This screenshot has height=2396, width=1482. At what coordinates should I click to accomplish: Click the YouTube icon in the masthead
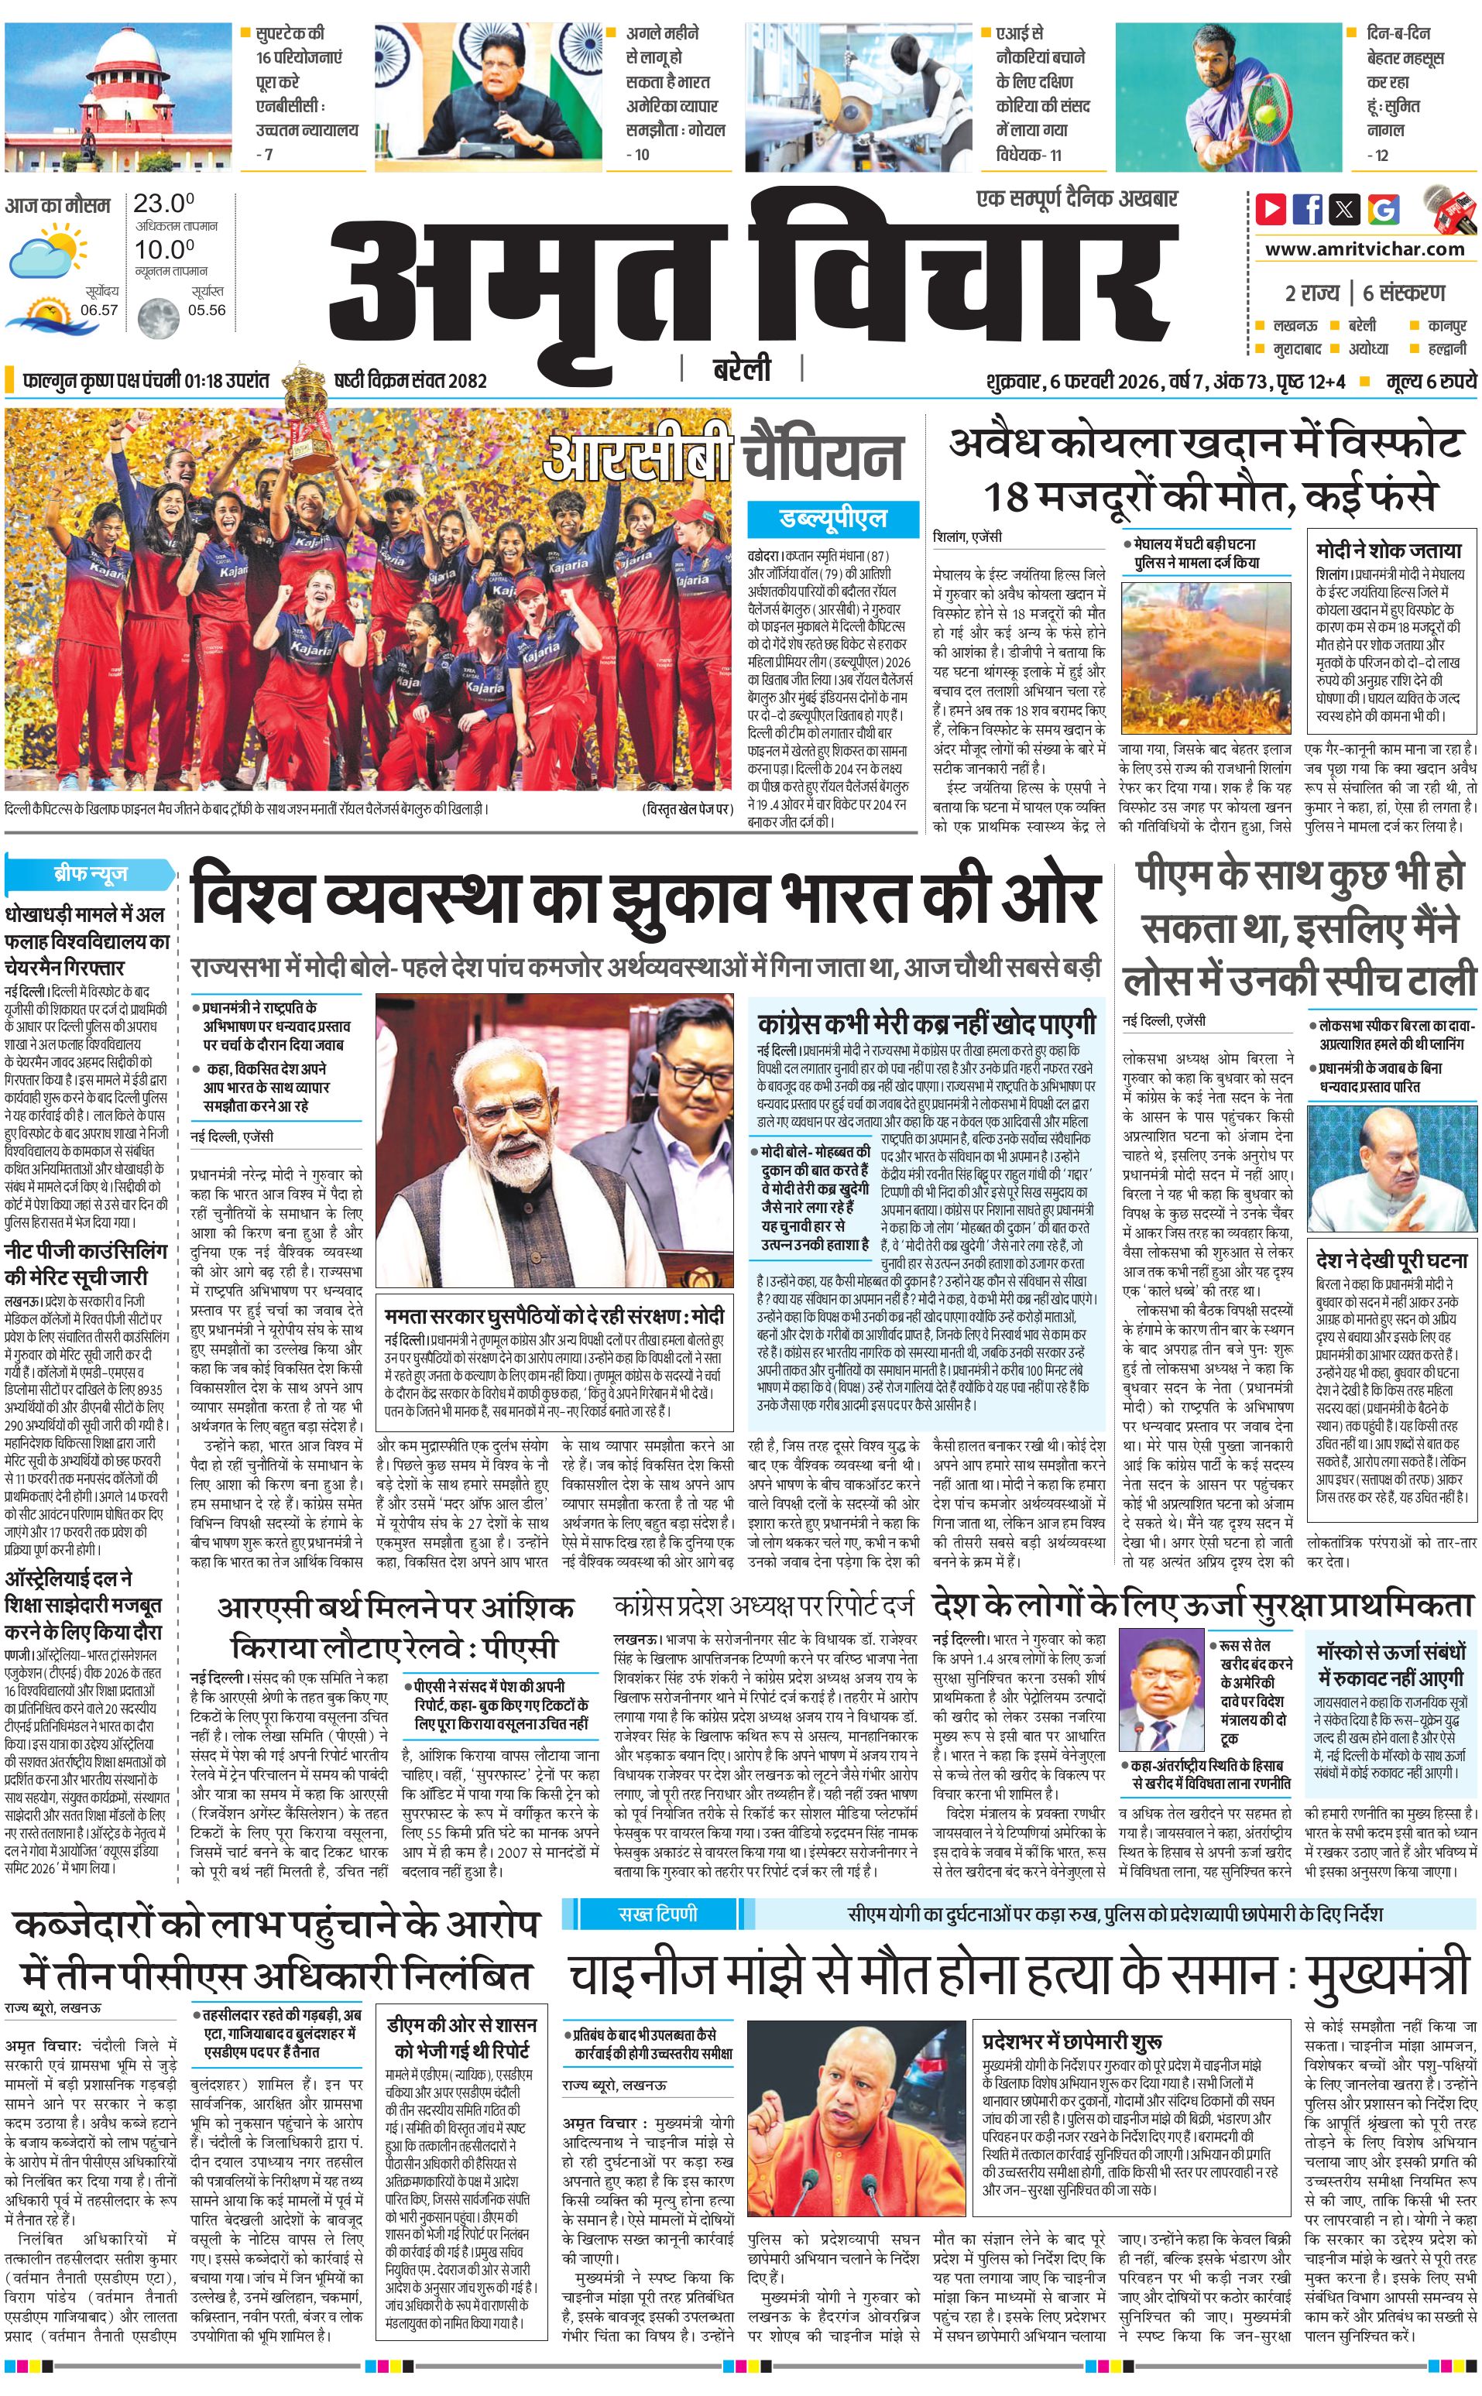(1271, 209)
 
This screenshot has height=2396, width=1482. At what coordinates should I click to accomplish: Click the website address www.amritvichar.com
(1364, 249)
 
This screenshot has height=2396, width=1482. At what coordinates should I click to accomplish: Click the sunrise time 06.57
(99, 310)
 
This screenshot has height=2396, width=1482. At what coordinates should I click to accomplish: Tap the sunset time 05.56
(207, 310)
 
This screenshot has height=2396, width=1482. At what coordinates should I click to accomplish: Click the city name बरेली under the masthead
(741, 369)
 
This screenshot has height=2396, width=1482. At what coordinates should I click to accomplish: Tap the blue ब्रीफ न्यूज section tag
(90, 873)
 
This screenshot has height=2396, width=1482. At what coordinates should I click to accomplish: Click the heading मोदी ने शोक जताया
(1388, 550)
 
